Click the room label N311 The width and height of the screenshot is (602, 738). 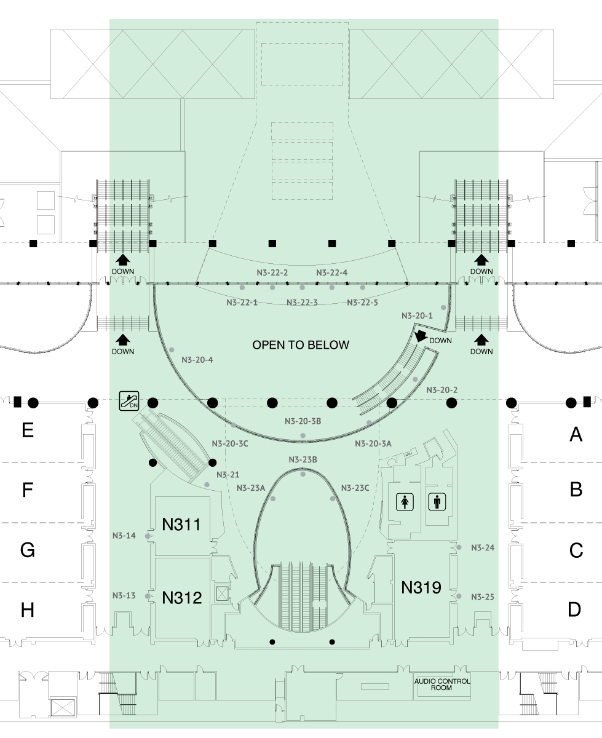[x=181, y=525]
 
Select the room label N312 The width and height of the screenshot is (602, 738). [x=182, y=598]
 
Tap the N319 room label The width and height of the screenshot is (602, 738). [x=421, y=587]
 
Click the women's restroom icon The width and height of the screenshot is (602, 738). [x=405, y=502]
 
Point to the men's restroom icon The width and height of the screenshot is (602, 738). [x=437, y=502]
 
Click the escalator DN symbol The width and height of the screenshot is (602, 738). [x=129, y=400]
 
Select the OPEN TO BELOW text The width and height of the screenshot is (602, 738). [x=301, y=345]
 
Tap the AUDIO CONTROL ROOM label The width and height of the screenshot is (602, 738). [x=442, y=684]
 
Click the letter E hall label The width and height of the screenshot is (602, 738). [x=28, y=430]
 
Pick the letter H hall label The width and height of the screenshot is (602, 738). [x=28, y=610]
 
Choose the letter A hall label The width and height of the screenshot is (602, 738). [x=576, y=434]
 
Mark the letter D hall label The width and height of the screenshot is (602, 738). [x=574, y=609]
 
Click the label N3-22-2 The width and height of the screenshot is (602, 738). [x=272, y=272]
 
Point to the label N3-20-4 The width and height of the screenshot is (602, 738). [x=197, y=360]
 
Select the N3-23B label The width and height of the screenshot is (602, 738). [x=303, y=459]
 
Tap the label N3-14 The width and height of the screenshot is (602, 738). [x=124, y=536]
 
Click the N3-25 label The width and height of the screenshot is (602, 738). [x=483, y=597]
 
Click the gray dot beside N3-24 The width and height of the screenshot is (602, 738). [x=459, y=547]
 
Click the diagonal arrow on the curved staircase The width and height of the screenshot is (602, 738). [x=421, y=336]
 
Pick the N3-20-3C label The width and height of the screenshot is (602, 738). [x=230, y=443]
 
